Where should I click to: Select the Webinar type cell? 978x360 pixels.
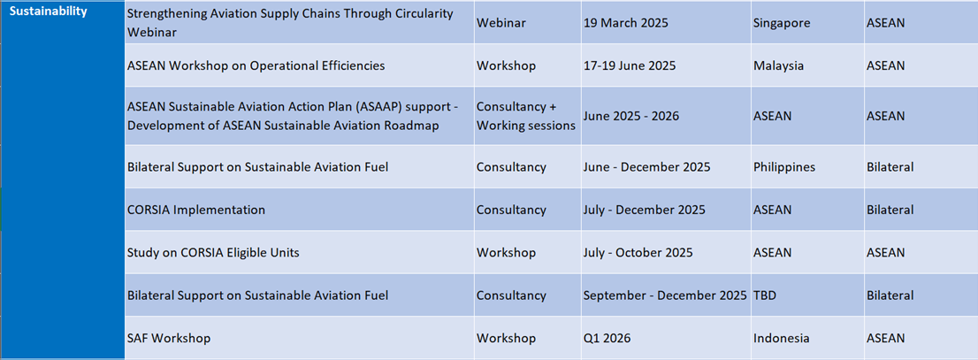(x=500, y=23)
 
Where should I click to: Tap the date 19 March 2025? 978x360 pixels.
(x=625, y=23)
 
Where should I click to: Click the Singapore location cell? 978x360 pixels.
(x=782, y=23)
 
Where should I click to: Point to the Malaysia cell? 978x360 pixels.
(x=777, y=65)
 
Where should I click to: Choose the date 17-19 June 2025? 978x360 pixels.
(x=630, y=65)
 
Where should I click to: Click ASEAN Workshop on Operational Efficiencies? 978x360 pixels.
(x=256, y=65)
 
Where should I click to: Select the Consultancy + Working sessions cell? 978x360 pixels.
(x=526, y=116)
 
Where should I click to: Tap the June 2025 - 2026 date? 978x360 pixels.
(x=631, y=116)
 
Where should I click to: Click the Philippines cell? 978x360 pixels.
(x=785, y=167)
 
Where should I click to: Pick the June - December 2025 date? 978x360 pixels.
(x=646, y=167)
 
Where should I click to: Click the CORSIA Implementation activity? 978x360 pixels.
(x=195, y=210)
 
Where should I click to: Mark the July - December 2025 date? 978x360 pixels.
(x=645, y=210)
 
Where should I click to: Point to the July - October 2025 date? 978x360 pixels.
(x=638, y=253)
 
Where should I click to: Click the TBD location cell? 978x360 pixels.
(x=765, y=295)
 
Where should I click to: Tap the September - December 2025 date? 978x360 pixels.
(x=665, y=295)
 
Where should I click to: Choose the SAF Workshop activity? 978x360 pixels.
(x=168, y=338)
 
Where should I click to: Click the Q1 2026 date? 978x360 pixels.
(x=607, y=338)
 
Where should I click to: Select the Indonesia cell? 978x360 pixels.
(x=782, y=338)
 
